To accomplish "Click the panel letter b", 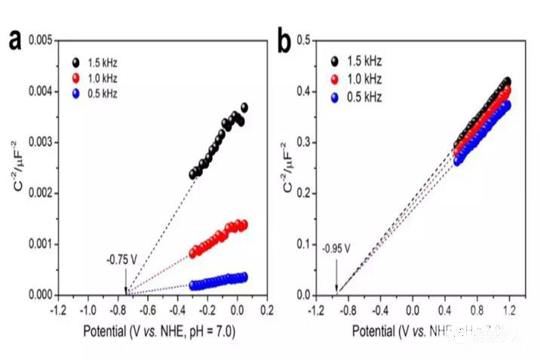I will click(285, 42).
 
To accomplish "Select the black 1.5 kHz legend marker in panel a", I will click(76, 62).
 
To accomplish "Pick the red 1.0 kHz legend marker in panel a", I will click(76, 77).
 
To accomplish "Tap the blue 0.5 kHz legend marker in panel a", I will click(76, 93).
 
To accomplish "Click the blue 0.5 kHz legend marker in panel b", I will click(334, 97).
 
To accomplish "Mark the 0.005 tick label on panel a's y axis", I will click(41, 40).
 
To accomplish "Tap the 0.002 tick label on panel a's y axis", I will click(41, 192).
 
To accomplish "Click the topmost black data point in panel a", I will click(244, 108).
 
